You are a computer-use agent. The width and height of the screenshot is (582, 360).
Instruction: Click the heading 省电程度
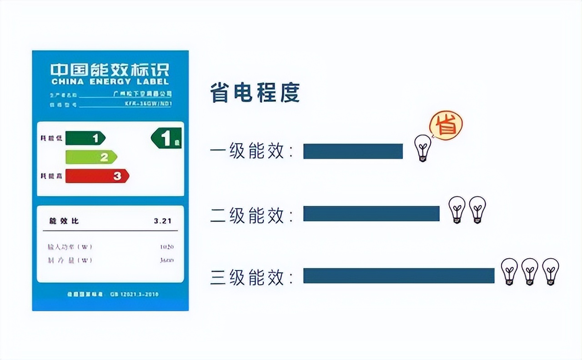(255, 94)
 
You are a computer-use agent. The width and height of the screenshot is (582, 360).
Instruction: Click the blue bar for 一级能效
(353, 151)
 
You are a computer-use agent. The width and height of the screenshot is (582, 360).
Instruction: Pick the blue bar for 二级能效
(371, 214)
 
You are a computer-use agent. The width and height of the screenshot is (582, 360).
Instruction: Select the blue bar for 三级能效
(398, 276)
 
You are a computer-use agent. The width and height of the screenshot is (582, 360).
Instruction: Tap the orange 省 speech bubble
(446, 125)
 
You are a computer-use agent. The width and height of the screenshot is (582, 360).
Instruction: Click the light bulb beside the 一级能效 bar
(423, 148)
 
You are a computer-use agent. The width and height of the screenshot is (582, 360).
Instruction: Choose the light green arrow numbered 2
(91, 157)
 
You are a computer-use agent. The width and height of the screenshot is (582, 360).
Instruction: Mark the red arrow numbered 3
(97, 176)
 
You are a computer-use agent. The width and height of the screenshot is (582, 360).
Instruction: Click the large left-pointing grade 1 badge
(166, 138)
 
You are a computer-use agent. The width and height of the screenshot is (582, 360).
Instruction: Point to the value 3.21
(162, 221)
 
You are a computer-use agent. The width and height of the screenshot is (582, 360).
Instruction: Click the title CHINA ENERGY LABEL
(110, 82)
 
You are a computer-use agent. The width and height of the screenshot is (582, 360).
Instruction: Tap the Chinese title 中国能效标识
(110, 70)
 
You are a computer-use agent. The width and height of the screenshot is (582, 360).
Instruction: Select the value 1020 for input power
(166, 247)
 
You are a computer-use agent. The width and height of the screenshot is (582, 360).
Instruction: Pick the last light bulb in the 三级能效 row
(551, 271)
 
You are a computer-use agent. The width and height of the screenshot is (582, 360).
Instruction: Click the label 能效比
(64, 221)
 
